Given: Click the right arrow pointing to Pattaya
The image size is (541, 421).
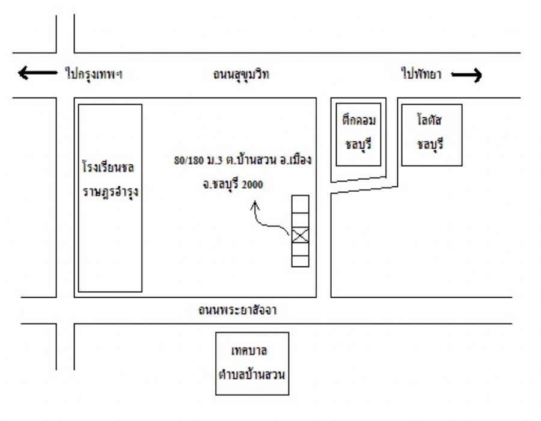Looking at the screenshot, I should pyautogui.click(x=466, y=75).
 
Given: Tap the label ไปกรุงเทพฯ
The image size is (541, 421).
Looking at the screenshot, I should pyautogui.click(x=97, y=74).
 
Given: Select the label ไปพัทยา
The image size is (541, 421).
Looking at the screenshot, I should pyautogui.click(x=421, y=74).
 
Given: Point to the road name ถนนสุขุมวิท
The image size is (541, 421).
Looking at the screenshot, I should pyautogui.click(x=241, y=75).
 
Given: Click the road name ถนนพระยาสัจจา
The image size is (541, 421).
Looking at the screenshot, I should pyautogui.click(x=240, y=311).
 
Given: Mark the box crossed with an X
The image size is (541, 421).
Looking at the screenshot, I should pyautogui.click(x=300, y=236).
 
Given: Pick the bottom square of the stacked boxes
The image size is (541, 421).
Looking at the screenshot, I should pyautogui.click(x=300, y=260).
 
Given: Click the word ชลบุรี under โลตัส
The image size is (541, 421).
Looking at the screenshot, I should pyautogui.click(x=432, y=144).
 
